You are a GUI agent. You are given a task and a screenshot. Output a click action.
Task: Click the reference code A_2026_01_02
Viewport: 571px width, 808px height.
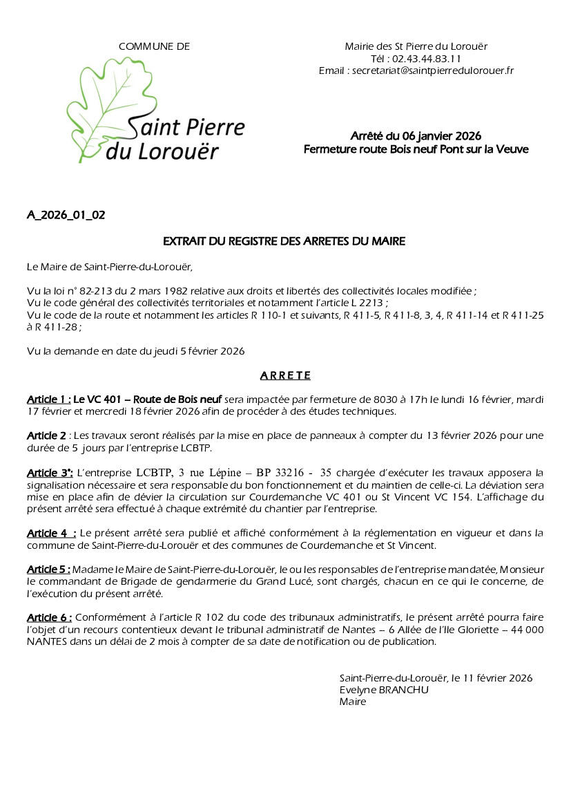click(66, 215)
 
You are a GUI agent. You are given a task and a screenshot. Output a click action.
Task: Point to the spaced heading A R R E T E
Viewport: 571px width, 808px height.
click(285, 376)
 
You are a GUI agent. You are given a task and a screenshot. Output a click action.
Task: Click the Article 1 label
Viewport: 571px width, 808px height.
click(48, 400)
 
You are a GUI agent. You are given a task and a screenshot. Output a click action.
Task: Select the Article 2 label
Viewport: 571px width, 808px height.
click(47, 435)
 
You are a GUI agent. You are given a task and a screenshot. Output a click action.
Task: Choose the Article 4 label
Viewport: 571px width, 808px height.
click(51, 533)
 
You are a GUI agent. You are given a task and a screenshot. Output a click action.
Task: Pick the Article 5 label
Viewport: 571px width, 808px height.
click(48, 569)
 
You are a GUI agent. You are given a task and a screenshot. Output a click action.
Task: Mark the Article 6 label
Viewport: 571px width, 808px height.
click(48, 617)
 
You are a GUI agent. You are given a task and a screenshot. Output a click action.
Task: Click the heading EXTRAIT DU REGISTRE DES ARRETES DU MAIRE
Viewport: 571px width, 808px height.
click(284, 241)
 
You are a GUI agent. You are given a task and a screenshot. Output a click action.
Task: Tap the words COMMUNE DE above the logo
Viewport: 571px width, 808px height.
click(154, 46)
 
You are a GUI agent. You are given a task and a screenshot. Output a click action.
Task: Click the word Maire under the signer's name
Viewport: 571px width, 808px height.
click(353, 702)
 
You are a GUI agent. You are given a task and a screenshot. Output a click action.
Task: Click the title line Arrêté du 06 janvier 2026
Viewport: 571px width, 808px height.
click(416, 135)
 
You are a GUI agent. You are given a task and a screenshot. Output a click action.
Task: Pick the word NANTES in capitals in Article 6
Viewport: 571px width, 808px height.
click(49, 641)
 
